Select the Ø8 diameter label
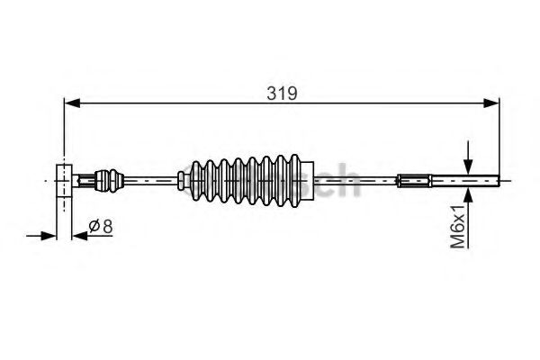tap(101, 228)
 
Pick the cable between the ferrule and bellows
tap(153, 179)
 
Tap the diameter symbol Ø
tap(94, 228)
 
